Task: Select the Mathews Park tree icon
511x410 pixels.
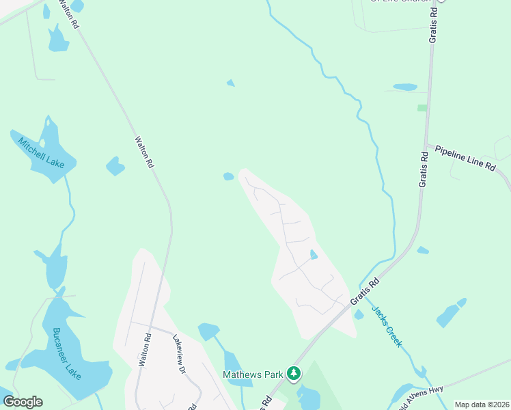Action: [x=294, y=373]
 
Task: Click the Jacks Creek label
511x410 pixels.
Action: [x=386, y=326]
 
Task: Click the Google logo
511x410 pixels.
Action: [x=23, y=402]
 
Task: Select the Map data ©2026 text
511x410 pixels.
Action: [x=482, y=405]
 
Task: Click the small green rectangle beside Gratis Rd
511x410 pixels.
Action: [x=422, y=108]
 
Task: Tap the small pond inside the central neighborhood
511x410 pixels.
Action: [x=314, y=255]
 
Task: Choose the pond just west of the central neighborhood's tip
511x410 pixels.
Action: [x=229, y=176]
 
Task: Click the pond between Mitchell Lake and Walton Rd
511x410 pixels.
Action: [x=115, y=166]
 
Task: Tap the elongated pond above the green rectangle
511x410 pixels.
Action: [x=405, y=87]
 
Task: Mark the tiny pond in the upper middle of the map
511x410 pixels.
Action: [x=230, y=83]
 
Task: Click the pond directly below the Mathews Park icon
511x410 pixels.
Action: [x=308, y=396]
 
